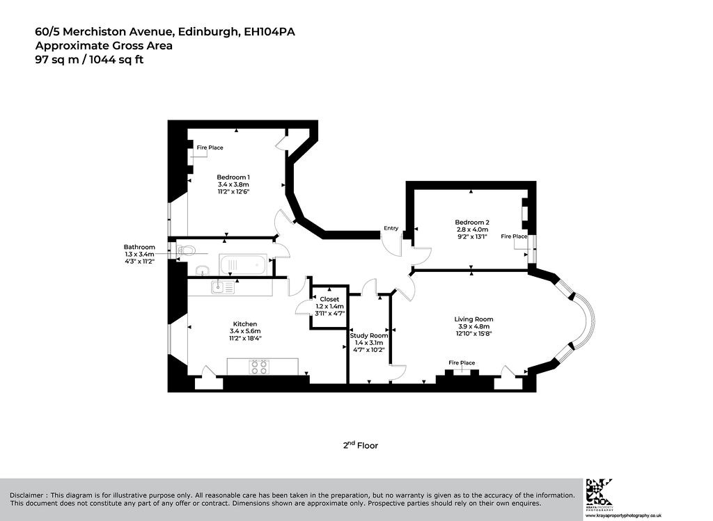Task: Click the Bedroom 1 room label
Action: (x=233, y=177)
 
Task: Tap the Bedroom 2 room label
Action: (x=472, y=222)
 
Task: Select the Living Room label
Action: (x=473, y=319)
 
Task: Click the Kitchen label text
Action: (x=245, y=324)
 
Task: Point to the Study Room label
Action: (x=369, y=336)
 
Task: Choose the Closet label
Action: (x=329, y=299)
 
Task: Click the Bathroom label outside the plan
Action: (x=139, y=247)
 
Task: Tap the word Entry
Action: (x=391, y=228)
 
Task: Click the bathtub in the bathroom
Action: (x=243, y=265)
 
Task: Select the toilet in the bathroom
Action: (x=185, y=250)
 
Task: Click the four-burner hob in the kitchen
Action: (x=259, y=367)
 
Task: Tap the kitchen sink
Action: (x=223, y=287)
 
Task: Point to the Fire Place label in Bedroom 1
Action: (x=210, y=147)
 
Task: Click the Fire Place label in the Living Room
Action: (x=462, y=362)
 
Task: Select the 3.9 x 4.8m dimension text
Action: (x=473, y=326)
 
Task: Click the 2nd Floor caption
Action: (x=361, y=445)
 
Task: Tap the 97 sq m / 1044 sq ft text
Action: (x=90, y=60)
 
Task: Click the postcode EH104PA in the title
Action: (x=269, y=32)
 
